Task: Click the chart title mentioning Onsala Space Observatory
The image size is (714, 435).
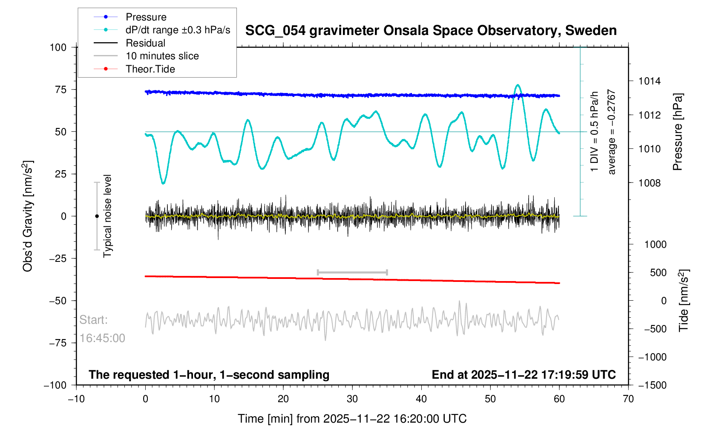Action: [431, 31]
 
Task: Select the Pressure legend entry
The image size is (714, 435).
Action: [146, 17]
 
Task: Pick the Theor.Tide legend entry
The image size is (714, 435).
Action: [150, 69]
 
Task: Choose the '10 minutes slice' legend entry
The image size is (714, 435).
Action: [162, 56]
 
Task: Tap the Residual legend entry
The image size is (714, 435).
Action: [145, 43]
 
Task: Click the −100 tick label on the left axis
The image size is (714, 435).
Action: [55, 385]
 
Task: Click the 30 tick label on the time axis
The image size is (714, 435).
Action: [352, 399]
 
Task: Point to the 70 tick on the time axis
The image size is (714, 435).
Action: [628, 399]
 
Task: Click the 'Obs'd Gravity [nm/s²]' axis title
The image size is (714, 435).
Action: [28, 216]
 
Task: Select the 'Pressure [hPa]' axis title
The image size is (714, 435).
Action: [677, 132]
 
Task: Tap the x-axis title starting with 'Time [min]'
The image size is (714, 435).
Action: [352, 419]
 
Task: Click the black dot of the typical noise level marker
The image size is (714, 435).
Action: [97, 216]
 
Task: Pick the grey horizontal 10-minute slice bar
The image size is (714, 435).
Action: [352, 272]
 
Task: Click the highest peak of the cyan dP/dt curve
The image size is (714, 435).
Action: [518, 85]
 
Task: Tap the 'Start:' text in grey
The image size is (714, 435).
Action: [94, 320]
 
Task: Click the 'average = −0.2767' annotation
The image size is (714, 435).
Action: [612, 132]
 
